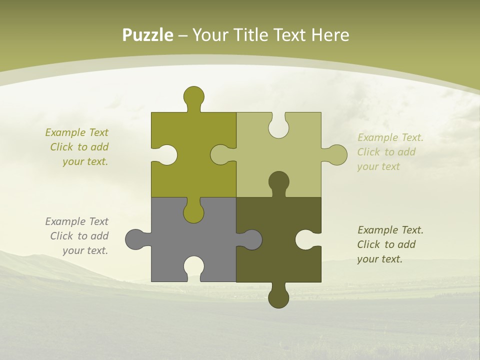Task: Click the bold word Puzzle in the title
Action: (148, 35)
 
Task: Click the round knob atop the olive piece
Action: (193, 96)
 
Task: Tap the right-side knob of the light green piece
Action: (336, 155)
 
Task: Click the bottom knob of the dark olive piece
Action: (278, 297)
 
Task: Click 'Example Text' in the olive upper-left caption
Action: (76, 132)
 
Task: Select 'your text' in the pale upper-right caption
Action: (378, 166)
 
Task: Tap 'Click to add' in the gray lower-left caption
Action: (79, 236)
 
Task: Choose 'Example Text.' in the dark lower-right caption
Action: (390, 230)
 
